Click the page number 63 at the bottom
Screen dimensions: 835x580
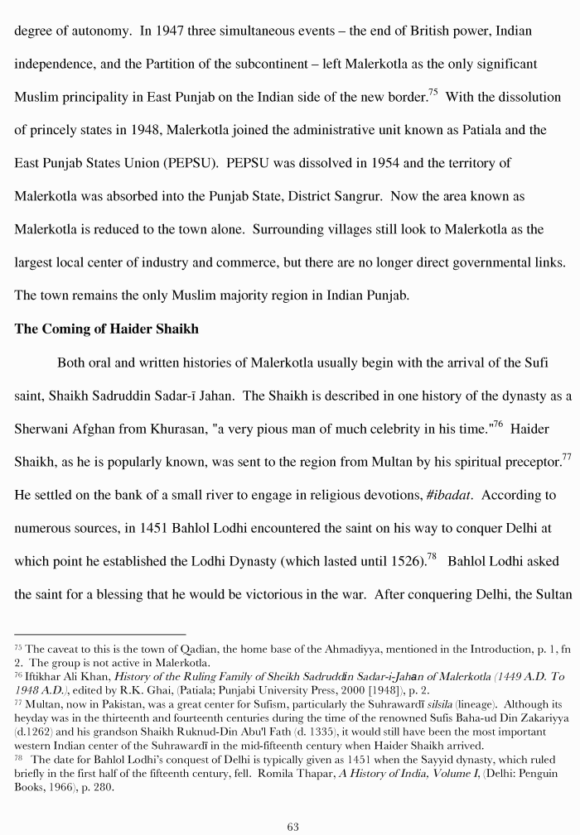[x=292, y=826]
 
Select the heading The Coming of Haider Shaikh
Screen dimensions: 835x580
[x=106, y=329]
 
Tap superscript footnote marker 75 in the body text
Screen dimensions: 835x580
[x=433, y=92]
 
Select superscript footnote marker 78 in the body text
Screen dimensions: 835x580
[x=432, y=556]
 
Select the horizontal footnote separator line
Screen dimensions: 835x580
[x=99, y=634]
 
